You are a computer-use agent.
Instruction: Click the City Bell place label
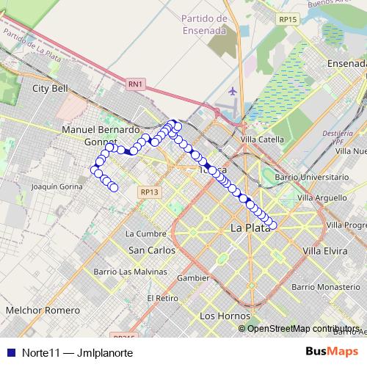point(50,88)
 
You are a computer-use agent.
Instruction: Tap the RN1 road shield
point(135,84)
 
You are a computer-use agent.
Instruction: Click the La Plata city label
point(250,228)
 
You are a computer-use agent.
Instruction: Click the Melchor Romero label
point(42,310)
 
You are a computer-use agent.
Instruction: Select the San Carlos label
point(151,250)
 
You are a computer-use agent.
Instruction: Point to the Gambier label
point(193,278)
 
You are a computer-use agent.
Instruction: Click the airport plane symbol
point(233,92)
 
